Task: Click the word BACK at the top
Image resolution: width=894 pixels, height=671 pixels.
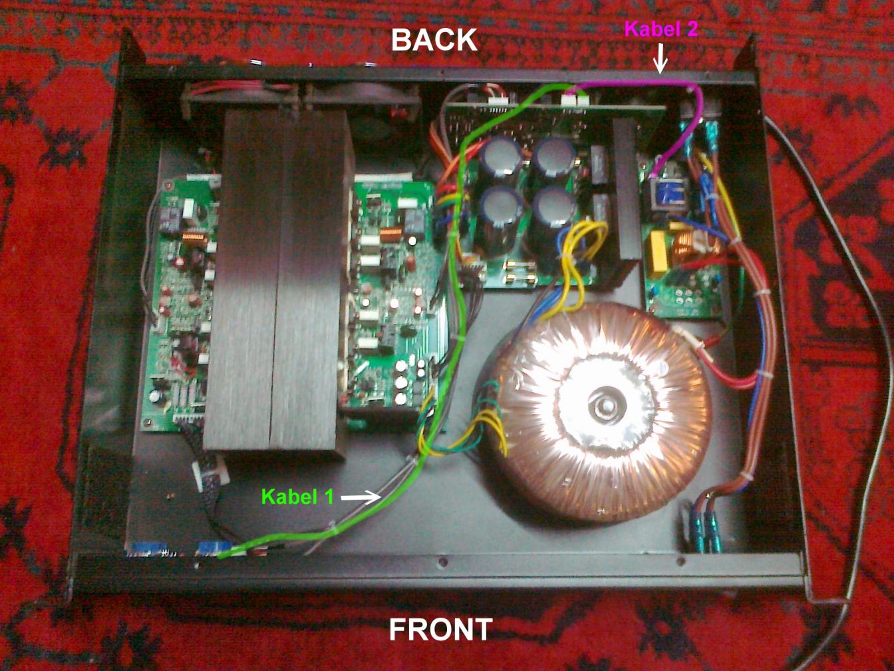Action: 434,40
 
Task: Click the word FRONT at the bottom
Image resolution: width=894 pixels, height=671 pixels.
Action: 440,629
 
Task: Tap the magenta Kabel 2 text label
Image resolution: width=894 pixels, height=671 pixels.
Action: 660,29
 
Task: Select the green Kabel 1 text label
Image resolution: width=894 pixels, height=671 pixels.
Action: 297,497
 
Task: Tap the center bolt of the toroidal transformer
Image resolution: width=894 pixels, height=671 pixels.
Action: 606,407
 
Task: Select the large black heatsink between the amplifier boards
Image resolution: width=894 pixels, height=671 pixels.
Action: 279,280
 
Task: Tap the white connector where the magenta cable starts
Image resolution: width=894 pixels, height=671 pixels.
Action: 572,99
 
